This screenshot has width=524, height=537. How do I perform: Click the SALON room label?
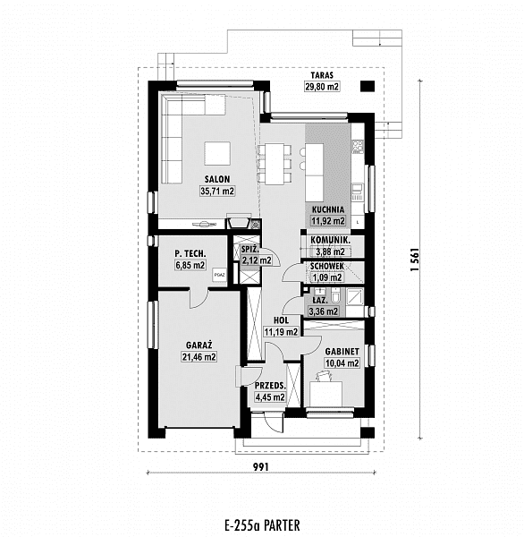[217, 179]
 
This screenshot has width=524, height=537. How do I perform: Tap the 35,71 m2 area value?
[217, 192]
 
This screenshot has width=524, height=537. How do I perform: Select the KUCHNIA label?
[328, 209]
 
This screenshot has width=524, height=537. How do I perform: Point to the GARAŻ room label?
[199, 345]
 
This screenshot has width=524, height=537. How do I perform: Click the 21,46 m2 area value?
[199, 357]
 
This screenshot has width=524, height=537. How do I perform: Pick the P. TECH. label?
[190, 254]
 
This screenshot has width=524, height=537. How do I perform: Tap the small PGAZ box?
[219, 275]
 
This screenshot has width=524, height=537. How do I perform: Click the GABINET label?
[342, 352]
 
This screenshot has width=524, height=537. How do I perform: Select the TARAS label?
[322, 75]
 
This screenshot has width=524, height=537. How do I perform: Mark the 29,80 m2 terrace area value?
[322, 86]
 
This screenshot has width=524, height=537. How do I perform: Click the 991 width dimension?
[261, 466]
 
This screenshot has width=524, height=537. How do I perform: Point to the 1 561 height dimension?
[415, 260]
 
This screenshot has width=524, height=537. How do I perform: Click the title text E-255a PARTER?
[263, 525]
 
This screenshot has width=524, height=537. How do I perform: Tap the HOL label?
[281, 320]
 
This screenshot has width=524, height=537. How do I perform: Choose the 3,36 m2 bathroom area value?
[324, 311]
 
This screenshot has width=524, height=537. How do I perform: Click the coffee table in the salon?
[217, 154]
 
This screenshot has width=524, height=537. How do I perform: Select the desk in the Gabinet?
[325, 394]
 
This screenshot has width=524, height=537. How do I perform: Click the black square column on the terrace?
[368, 86]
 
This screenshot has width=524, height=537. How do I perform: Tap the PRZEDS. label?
[270, 386]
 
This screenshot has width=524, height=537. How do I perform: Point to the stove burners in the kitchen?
[359, 146]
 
